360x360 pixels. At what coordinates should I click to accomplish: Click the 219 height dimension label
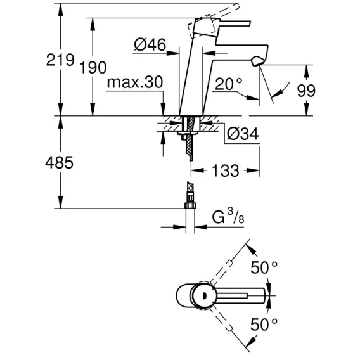click(x=60, y=60)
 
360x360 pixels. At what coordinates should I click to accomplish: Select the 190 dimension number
click(x=93, y=67)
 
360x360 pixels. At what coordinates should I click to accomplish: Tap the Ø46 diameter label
click(x=150, y=44)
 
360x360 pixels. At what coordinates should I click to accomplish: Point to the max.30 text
click(x=135, y=82)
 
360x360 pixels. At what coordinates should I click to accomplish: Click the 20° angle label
click(x=229, y=84)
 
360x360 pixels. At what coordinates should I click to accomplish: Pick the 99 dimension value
click(x=306, y=91)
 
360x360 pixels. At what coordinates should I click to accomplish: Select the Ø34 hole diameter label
click(x=243, y=134)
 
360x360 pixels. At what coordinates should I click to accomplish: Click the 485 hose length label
click(x=59, y=162)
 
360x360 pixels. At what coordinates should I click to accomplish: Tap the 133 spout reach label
click(x=225, y=170)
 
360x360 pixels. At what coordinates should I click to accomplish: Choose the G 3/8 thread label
click(x=228, y=217)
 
